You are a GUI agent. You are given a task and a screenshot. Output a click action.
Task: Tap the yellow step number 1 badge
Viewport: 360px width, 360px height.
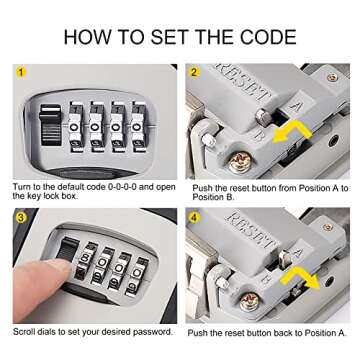20,72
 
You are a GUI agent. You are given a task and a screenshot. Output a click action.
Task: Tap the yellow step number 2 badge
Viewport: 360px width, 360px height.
196,72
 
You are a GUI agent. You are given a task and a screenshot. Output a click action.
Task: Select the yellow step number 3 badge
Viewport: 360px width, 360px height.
20,217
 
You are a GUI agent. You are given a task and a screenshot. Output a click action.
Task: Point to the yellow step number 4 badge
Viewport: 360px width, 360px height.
196,217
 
